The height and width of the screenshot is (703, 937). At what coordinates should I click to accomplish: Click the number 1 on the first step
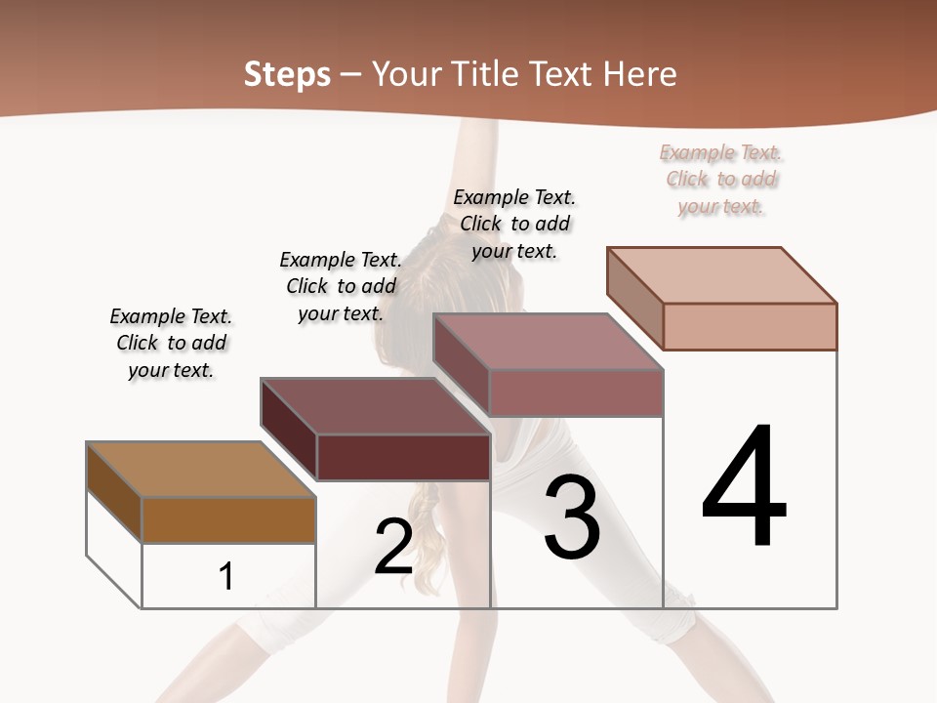pyautogui.click(x=226, y=576)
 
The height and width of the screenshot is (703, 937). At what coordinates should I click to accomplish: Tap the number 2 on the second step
pyautogui.click(x=393, y=547)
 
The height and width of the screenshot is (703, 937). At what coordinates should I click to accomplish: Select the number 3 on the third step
pyautogui.click(x=572, y=517)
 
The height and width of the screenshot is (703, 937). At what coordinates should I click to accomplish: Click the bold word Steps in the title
pyautogui.click(x=287, y=74)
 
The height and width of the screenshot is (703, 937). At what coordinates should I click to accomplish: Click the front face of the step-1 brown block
pyautogui.click(x=228, y=519)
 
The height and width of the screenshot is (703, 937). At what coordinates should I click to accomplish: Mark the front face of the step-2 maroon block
pyautogui.click(x=402, y=456)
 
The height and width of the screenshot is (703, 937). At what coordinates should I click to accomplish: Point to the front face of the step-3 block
pyautogui.click(x=576, y=393)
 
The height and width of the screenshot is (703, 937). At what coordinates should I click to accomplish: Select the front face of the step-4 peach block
pyautogui.click(x=750, y=326)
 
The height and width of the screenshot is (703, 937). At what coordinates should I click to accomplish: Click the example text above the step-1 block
pyautogui.click(x=171, y=343)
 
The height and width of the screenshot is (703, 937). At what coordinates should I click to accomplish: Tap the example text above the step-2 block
pyautogui.click(x=341, y=286)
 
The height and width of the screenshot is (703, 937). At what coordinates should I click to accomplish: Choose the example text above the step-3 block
pyautogui.click(x=514, y=224)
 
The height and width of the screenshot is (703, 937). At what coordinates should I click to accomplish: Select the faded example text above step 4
pyautogui.click(x=721, y=179)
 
